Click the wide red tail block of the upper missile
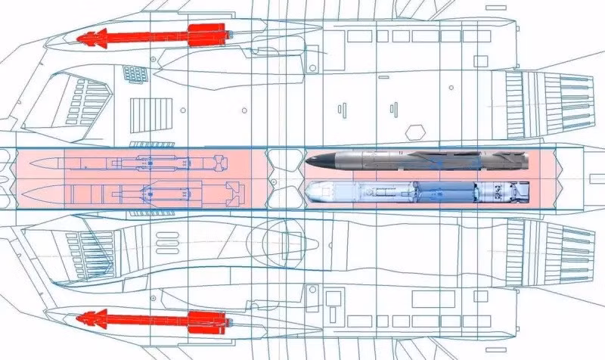click(x=206, y=34)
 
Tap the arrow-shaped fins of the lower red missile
click(x=92, y=317)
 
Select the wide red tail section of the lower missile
click(x=206, y=320)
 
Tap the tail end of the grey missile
click(x=522, y=160)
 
